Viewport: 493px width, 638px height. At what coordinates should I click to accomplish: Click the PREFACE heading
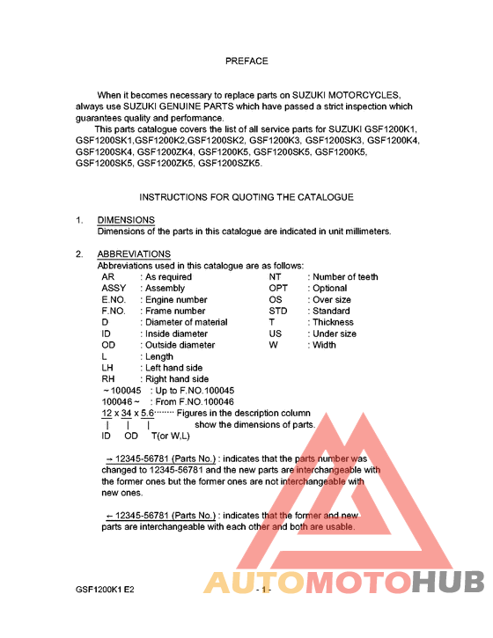[x=246, y=62]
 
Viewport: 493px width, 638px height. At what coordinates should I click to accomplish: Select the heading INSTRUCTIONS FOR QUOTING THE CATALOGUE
[x=246, y=197]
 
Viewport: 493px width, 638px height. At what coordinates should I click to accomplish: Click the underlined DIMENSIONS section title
[x=126, y=220]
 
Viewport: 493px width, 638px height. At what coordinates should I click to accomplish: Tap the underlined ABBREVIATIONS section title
[x=134, y=254]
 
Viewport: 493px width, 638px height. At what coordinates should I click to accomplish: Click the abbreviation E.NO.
[x=114, y=300]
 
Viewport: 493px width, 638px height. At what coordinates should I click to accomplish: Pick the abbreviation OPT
[x=278, y=289]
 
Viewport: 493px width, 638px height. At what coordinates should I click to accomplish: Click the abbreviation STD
[x=278, y=312]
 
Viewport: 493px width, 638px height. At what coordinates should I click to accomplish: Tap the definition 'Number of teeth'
[x=346, y=277]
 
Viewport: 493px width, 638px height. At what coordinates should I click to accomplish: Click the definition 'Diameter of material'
[x=186, y=323]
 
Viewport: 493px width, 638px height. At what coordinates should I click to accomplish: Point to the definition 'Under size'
[x=335, y=334]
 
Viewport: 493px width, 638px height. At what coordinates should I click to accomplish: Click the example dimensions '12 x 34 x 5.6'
[x=128, y=414]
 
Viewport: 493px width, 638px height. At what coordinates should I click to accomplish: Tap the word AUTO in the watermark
[x=254, y=583]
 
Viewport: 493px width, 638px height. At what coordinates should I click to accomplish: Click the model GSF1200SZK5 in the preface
[x=231, y=163]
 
